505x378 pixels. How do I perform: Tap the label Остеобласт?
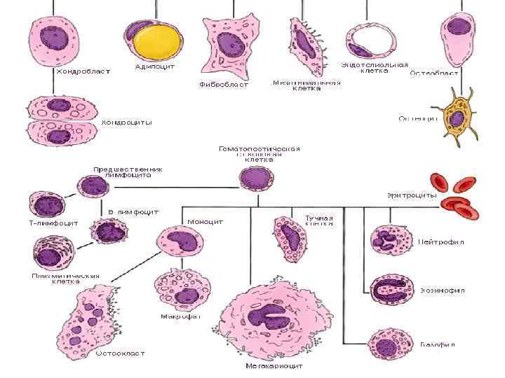click(434, 72)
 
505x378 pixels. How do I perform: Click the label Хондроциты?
click(126, 122)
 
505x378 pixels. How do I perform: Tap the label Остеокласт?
click(120, 353)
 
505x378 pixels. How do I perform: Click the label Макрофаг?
click(180, 316)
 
